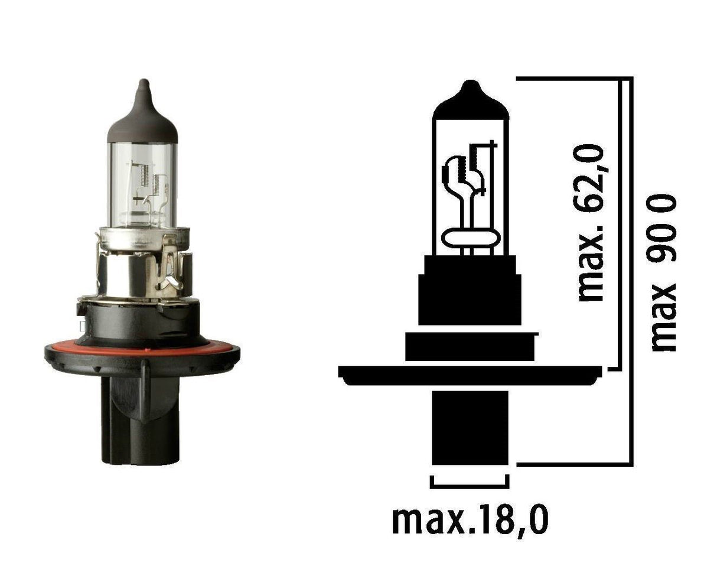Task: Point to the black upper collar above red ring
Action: [x=142, y=319]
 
